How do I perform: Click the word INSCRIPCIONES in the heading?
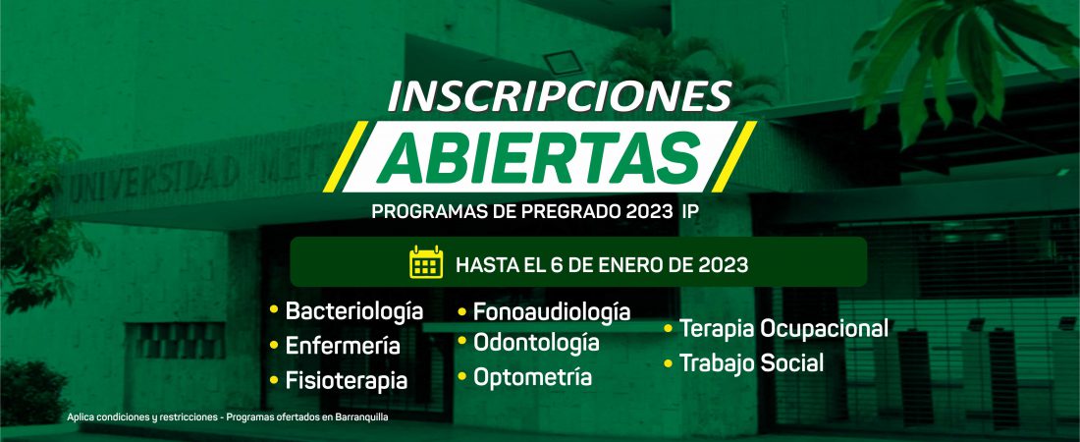pyautogui.click(x=560, y=96)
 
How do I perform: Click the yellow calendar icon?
pyautogui.click(x=426, y=262)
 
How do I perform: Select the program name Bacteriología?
pyautogui.click(x=354, y=311)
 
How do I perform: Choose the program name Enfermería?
pyautogui.click(x=343, y=346)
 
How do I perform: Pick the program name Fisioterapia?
pyautogui.click(x=347, y=381)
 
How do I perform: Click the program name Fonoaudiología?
pyautogui.click(x=552, y=312)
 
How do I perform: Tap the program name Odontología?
pyautogui.click(x=536, y=343)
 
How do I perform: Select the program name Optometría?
pyautogui.click(x=532, y=377)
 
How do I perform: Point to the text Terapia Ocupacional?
pyautogui.click(x=783, y=329)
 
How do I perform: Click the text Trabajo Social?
pyautogui.click(x=751, y=362)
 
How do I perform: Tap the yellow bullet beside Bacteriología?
pyautogui.click(x=274, y=309)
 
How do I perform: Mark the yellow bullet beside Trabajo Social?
pyautogui.click(x=668, y=362)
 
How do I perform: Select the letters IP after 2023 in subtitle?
pyautogui.click(x=689, y=212)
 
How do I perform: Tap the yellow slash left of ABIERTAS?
pyautogui.click(x=346, y=156)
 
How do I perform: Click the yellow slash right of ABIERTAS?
pyautogui.click(x=733, y=156)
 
